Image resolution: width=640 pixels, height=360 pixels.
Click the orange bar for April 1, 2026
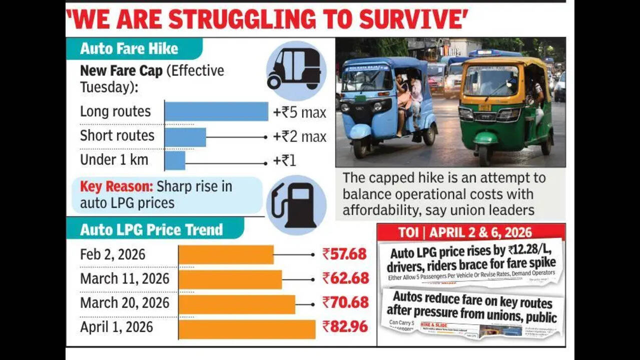[x=247, y=328]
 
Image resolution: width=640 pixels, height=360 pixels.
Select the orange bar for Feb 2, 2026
[x=226, y=254]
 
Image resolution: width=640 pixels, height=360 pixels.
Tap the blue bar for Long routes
[x=216, y=111]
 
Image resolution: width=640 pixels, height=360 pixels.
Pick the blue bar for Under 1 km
[x=175, y=161]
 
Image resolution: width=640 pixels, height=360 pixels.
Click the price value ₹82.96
[x=345, y=327]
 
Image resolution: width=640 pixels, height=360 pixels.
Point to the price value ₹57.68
[x=344, y=254]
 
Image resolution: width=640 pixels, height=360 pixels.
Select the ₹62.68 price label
[x=345, y=278]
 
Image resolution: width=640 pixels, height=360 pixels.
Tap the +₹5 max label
[x=300, y=112]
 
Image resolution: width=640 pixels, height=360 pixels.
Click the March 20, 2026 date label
[x=125, y=303]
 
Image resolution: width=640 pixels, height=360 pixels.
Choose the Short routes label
[x=117, y=136]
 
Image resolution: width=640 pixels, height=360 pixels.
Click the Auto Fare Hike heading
[x=129, y=49]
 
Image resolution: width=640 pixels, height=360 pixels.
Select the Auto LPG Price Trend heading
[x=152, y=230]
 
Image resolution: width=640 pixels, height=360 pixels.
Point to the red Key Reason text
[x=117, y=187]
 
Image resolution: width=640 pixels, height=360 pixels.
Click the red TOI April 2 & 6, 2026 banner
[x=471, y=232]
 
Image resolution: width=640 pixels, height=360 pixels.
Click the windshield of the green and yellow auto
[x=490, y=80]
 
